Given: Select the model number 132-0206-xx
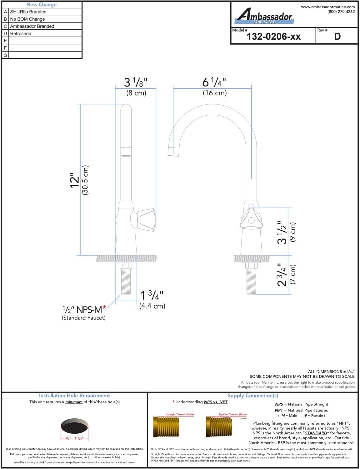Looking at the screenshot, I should point(273,37).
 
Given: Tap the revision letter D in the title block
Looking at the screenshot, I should point(337,37).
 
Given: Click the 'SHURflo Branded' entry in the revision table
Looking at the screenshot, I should point(28,12).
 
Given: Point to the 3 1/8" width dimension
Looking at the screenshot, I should point(136,83).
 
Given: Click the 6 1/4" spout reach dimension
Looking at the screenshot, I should point(214,83).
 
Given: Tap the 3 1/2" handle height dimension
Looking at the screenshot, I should point(282,232).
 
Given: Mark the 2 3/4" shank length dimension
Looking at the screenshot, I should point(282,275).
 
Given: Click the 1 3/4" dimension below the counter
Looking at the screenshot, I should point(152,295).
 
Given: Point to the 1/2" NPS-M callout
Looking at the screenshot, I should point(84,310).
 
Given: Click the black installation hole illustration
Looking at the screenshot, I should point(75,426).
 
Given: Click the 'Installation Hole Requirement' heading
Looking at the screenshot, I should point(74,396).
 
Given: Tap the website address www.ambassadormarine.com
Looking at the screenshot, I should point(328,7).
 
